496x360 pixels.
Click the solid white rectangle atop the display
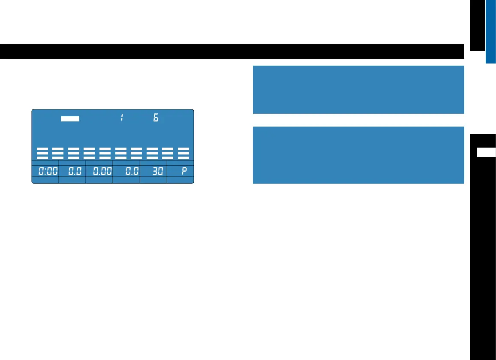[x=70, y=119]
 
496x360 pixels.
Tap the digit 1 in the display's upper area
[x=122, y=118]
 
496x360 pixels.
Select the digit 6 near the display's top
[x=156, y=118]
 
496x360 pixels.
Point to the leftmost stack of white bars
[x=42, y=153]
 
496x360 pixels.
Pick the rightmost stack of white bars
[x=183, y=153]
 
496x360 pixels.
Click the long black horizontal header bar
[x=231, y=51]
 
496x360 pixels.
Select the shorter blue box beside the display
[x=358, y=89]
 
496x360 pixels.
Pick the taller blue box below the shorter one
[x=358, y=155]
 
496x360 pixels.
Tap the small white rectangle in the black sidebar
[x=487, y=152]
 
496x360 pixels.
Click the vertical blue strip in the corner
[x=491, y=31]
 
